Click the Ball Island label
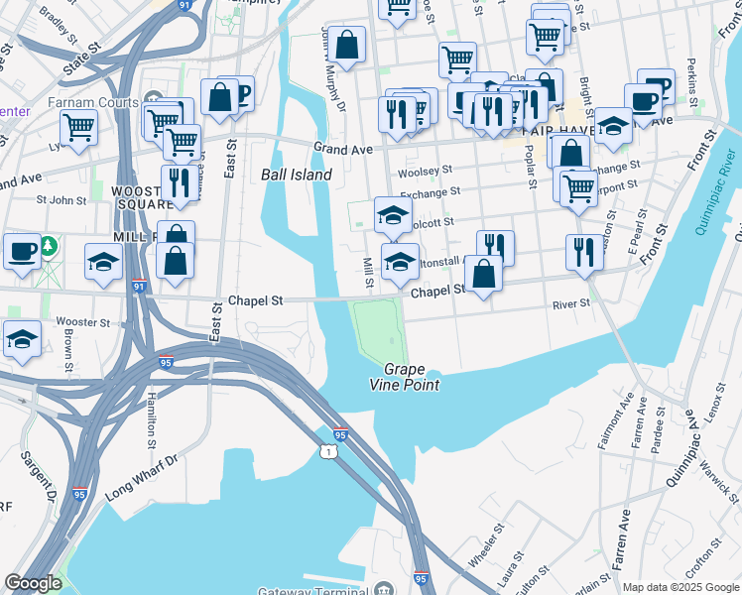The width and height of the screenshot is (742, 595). tap(296, 175)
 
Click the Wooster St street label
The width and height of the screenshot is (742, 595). tap(83, 322)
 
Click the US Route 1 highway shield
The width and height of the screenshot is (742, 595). tap(327, 451)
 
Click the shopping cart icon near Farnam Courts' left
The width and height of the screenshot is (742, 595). tap(77, 126)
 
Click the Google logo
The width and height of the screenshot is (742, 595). tap(33, 583)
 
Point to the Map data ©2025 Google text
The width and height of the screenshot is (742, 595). tap(680, 587)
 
